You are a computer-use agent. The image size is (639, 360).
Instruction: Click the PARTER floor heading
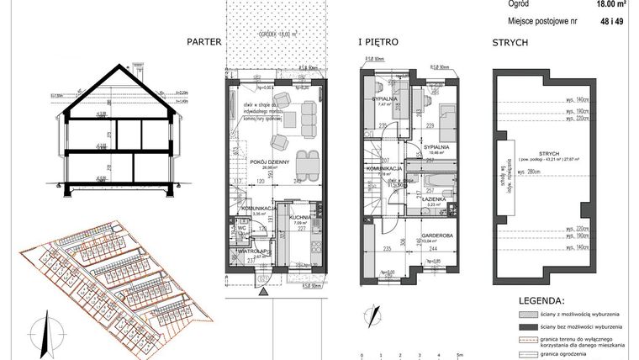[204, 40]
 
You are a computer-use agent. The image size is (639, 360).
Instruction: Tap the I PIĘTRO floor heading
[378, 40]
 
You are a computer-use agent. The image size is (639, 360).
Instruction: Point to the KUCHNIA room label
[300, 217]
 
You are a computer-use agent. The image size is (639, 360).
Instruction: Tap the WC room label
[240, 226]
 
